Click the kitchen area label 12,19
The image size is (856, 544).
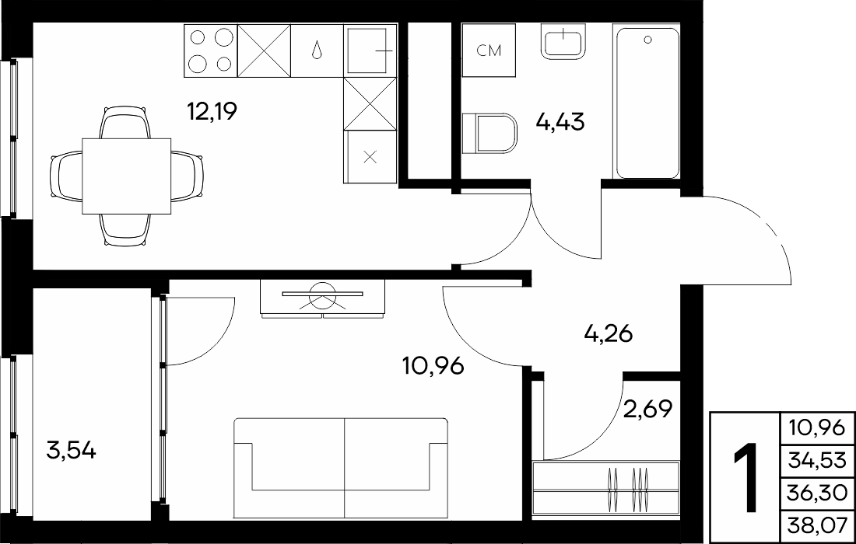click(x=212, y=112)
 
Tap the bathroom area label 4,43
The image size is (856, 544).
click(x=560, y=121)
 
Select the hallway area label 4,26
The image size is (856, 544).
click(x=609, y=333)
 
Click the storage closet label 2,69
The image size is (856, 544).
click(x=647, y=408)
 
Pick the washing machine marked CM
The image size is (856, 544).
click(x=489, y=51)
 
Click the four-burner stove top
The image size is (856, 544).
click(x=211, y=51)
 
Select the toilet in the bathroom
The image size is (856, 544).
click(x=489, y=133)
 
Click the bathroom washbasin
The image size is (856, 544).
click(x=563, y=41)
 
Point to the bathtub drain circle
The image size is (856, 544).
click(x=648, y=40)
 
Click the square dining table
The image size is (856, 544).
click(x=127, y=176)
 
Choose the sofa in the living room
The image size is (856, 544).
click(x=341, y=468)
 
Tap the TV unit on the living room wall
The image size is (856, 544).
click(x=323, y=298)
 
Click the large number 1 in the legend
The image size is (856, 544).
click(x=745, y=477)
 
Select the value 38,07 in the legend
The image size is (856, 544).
click(x=817, y=528)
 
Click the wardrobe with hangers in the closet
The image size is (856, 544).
click(x=606, y=488)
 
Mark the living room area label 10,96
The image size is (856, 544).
click(x=433, y=366)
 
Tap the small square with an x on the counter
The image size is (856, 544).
click(x=370, y=158)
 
